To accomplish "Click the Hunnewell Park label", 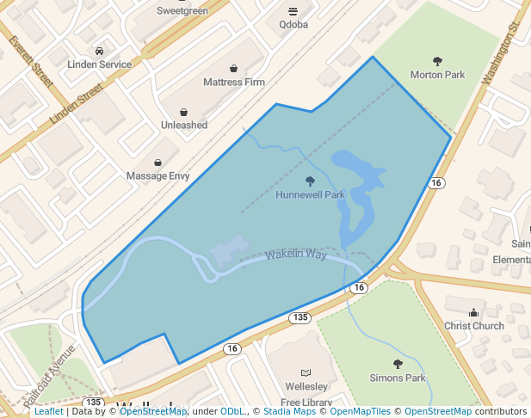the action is (x=310, y=195).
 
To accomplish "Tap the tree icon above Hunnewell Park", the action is (x=310, y=181).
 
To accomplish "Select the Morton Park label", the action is (x=437, y=75).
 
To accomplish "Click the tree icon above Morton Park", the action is (x=437, y=61).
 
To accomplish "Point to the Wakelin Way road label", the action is (x=296, y=255).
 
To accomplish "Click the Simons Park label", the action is (x=398, y=378).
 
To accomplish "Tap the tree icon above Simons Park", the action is (x=398, y=364).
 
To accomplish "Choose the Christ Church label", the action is (x=474, y=326).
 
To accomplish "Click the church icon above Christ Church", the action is (x=474, y=312).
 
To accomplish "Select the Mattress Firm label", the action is (x=234, y=83).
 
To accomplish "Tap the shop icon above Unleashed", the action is (x=184, y=112).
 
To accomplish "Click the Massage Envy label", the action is (x=157, y=175).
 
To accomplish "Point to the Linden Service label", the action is (x=100, y=65).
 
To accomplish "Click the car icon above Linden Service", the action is (x=100, y=51).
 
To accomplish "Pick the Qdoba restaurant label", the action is (x=293, y=25).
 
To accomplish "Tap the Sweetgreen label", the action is (x=183, y=10).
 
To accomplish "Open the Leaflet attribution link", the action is (x=48, y=411).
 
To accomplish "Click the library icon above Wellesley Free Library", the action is (x=293, y=371).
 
